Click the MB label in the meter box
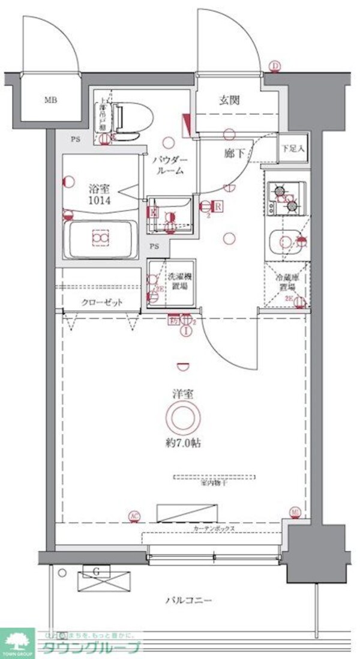[50, 100]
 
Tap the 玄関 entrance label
[228, 100]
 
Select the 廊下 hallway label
[234, 153]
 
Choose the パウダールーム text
[170, 164]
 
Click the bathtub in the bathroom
[100, 238]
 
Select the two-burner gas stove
[286, 199]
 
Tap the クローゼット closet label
[102, 302]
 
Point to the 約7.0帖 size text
[184, 444]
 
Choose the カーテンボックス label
[214, 529]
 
